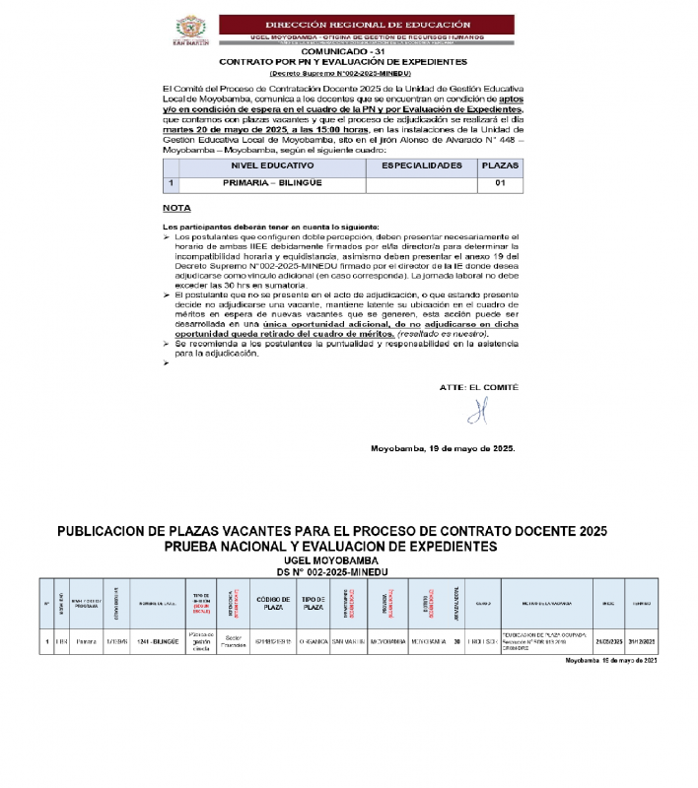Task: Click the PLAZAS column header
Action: coord(500,165)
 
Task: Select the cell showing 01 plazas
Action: coord(500,183)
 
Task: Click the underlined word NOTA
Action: coord(176,209)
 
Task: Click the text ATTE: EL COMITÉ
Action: coord(477,387)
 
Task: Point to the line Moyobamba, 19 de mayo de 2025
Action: coord(443,448)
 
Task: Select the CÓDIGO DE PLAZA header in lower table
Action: coord(272,602)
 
